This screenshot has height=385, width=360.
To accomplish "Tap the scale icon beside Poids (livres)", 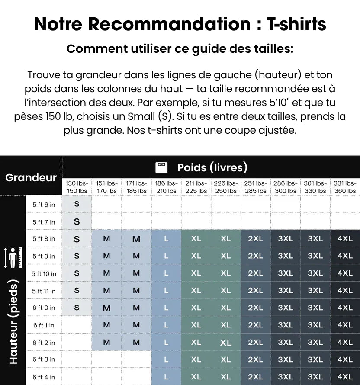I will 161,167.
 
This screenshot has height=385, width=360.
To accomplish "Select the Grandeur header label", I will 31,177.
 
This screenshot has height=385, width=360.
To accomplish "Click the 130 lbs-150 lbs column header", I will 77,187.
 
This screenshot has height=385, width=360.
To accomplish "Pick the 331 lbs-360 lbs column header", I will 345,187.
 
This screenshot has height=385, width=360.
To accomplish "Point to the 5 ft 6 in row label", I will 44,205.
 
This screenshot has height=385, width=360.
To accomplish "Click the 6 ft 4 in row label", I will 44,377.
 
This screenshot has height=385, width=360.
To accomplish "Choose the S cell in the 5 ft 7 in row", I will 77,221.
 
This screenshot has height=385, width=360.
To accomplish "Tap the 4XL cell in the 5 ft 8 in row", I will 345,239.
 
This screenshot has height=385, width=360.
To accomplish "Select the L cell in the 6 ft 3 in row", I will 166,359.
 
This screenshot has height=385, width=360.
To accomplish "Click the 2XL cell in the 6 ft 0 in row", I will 255,308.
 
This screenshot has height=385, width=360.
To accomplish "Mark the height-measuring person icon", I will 13,257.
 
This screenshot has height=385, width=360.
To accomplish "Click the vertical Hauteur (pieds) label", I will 13,322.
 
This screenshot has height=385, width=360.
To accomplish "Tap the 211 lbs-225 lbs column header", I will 196,187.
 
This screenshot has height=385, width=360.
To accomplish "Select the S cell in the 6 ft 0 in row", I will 77,308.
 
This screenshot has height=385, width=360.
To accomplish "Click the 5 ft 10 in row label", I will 44,273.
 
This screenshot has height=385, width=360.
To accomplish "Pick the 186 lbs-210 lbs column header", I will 166,187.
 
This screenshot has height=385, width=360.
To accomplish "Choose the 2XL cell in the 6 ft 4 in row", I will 255,377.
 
